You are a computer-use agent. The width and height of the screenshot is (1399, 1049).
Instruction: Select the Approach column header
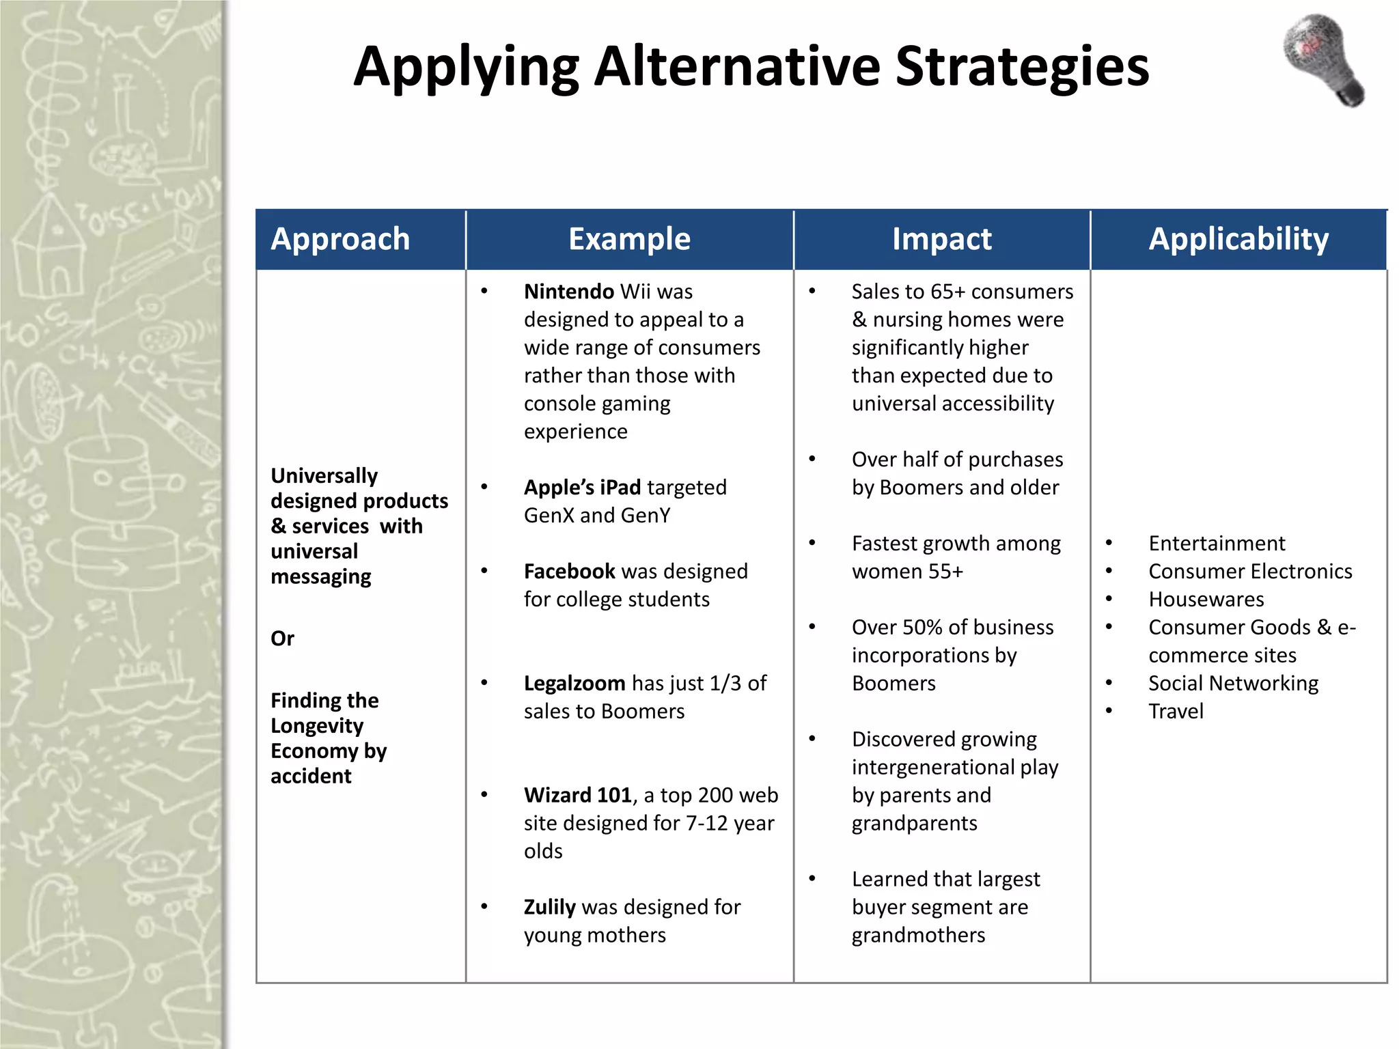tap(340, 239)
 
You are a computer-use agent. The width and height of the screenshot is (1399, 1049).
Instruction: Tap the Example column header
tap(629, 239)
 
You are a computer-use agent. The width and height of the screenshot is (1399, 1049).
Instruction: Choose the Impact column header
tap(941, 239)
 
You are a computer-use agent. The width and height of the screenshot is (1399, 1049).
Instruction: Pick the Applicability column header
tap(1238, 239)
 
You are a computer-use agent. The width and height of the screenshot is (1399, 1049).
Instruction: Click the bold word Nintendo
tap(568, 292)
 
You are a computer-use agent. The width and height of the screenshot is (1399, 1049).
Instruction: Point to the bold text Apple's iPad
tap(582, 488)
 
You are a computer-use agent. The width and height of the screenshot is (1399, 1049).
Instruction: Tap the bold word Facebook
tap(570, 572)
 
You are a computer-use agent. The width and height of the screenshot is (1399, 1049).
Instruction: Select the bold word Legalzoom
tap(574, 684)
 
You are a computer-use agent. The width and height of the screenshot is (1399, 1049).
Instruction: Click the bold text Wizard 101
tap(578, 796)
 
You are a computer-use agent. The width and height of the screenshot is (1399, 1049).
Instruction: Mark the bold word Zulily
tap(550, 908)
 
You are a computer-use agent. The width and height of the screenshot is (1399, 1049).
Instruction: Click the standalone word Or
tap(282, 639)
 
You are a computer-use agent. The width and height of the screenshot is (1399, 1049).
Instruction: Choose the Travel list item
tap(1176, 712)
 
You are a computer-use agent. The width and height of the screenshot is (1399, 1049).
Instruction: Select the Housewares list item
tap(1206, 600)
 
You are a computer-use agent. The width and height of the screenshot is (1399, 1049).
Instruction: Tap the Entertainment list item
tap(1217, 544)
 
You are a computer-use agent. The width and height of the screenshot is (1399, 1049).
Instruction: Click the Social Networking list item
tap(1233, 684)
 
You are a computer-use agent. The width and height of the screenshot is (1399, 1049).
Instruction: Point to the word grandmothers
tap(918, 936)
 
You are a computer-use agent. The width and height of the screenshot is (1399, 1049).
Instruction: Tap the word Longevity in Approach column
tap(317, 726)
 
